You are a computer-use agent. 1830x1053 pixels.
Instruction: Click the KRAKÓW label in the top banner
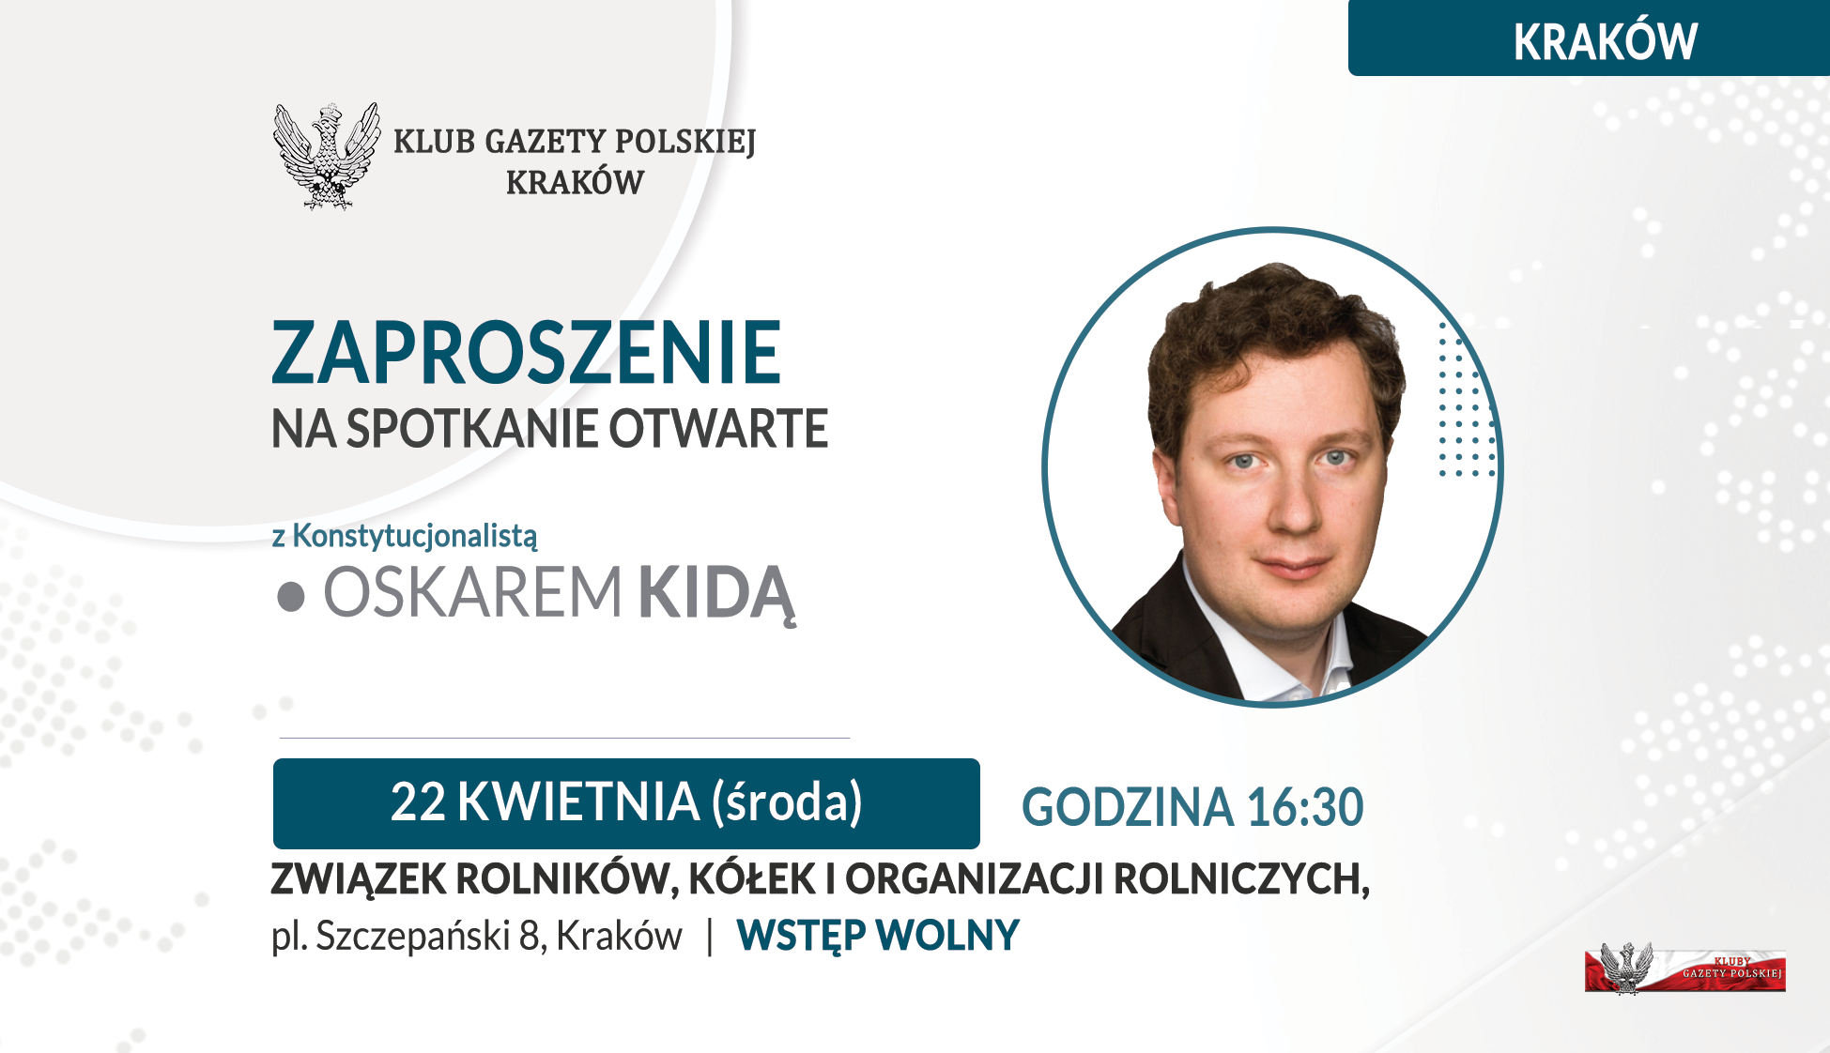tap(1605, 41)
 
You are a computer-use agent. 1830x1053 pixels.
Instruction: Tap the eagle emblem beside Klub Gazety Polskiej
tap(327, 156)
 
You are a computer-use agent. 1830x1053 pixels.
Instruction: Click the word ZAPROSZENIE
tap(526, 354)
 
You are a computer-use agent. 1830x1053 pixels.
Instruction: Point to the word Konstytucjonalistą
tap(415, 536)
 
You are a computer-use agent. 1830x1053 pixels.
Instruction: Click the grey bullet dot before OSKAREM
tap(291, 597)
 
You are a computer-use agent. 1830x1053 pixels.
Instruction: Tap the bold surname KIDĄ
tap(717, 594)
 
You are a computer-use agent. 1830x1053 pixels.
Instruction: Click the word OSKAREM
tap(472, 593)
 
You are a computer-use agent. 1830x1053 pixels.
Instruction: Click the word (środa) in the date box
tap(787, 802)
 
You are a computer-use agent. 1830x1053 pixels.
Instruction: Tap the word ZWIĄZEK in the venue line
tap(359, 879)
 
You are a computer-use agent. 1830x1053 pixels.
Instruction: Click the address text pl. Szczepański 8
tap(409, 936)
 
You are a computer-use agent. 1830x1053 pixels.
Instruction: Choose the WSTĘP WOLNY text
tap(878, 936)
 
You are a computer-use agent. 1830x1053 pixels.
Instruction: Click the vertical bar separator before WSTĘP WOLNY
tap(710, 936)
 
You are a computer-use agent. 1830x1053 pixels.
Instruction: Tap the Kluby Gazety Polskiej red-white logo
tap(1684, 969)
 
